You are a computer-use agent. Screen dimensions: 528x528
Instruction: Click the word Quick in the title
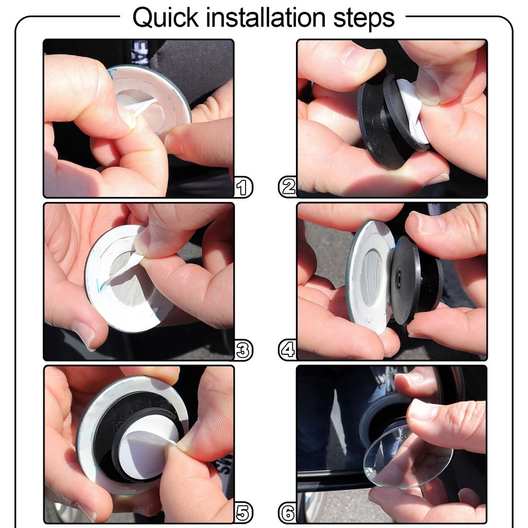(166, 18)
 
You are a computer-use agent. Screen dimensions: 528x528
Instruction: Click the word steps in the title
(364, 19)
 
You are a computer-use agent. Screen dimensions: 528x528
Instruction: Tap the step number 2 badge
(288, 187)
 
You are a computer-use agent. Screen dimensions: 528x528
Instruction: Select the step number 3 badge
(243, 350)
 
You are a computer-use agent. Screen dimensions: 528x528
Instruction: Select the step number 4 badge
(288, 350)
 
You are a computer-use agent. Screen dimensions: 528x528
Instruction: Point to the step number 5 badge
(243, 513)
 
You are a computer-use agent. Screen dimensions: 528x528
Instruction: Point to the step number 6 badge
(288, 513)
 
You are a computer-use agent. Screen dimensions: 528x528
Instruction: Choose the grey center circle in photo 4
(372, 279)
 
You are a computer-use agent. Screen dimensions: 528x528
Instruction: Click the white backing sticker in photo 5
(147, 448)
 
